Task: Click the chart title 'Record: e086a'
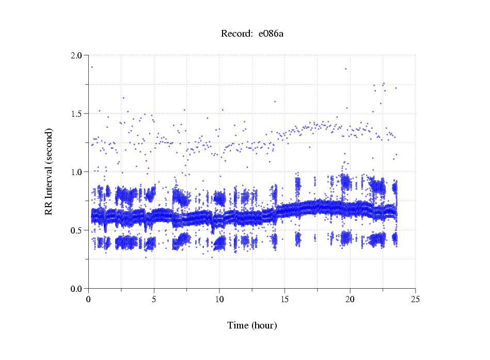coord(252,34)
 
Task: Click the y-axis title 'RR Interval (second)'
coord(49,171)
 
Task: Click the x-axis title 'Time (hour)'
coord(252,325)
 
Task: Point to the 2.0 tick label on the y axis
coord(78,55)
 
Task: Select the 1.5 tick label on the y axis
coord(78,114)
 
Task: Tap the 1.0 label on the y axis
coord(78,172)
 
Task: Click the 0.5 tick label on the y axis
coord(78,230)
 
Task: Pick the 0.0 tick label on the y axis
coord(78,289)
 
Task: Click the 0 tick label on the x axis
coord(89,299)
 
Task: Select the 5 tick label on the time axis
coord(154,299)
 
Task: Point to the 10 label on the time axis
coord(219,299)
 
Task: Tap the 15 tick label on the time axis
coord(284,299)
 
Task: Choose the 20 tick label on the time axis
coord(350,299)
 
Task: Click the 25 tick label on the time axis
coord(415,299)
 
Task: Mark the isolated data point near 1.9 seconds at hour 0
coord(92,67)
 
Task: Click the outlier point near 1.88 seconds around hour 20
coord(346,69)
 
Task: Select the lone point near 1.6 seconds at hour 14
coord(275,102)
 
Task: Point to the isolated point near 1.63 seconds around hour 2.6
coord(123,98)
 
